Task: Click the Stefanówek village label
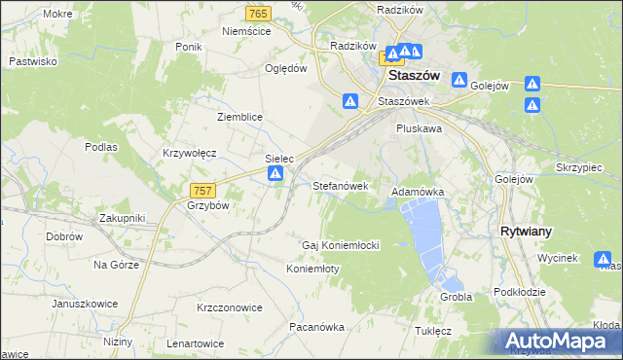click(340, 185)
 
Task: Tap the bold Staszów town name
click(414, 74)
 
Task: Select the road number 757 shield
click(202, 192)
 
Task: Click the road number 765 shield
click(258, 13)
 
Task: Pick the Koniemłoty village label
click(312, 269)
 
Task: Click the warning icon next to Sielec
click(275, 174)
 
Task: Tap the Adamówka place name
click(418, 193)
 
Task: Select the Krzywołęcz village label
click(190, 154)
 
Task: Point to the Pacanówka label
click(316, 328)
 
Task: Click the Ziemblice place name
click(239, 117)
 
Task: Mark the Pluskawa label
click(420, 127)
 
